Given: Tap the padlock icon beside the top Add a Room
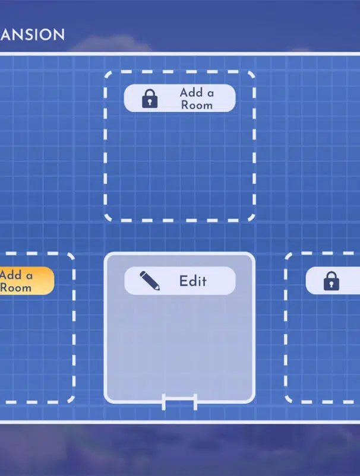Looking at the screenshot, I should [150, 99].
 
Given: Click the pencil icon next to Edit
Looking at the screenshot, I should [150, 280].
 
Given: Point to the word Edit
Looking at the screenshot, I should [193, 281].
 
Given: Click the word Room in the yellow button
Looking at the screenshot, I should [15, 288].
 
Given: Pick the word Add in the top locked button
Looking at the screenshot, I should [191, 93].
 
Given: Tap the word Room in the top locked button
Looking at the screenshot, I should [197, 105].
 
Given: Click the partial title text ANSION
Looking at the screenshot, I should [32, 34].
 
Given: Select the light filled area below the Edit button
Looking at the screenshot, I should [179, 344].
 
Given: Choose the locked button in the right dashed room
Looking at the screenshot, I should [333, 281].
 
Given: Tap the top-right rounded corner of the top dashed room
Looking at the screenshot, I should [250, 75].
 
